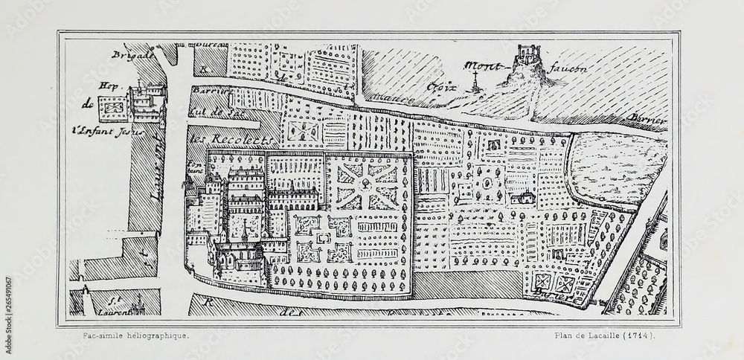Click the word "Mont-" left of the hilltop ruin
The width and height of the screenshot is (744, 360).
coord(481,65)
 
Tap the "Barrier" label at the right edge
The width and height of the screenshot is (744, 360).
coord(646,120)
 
